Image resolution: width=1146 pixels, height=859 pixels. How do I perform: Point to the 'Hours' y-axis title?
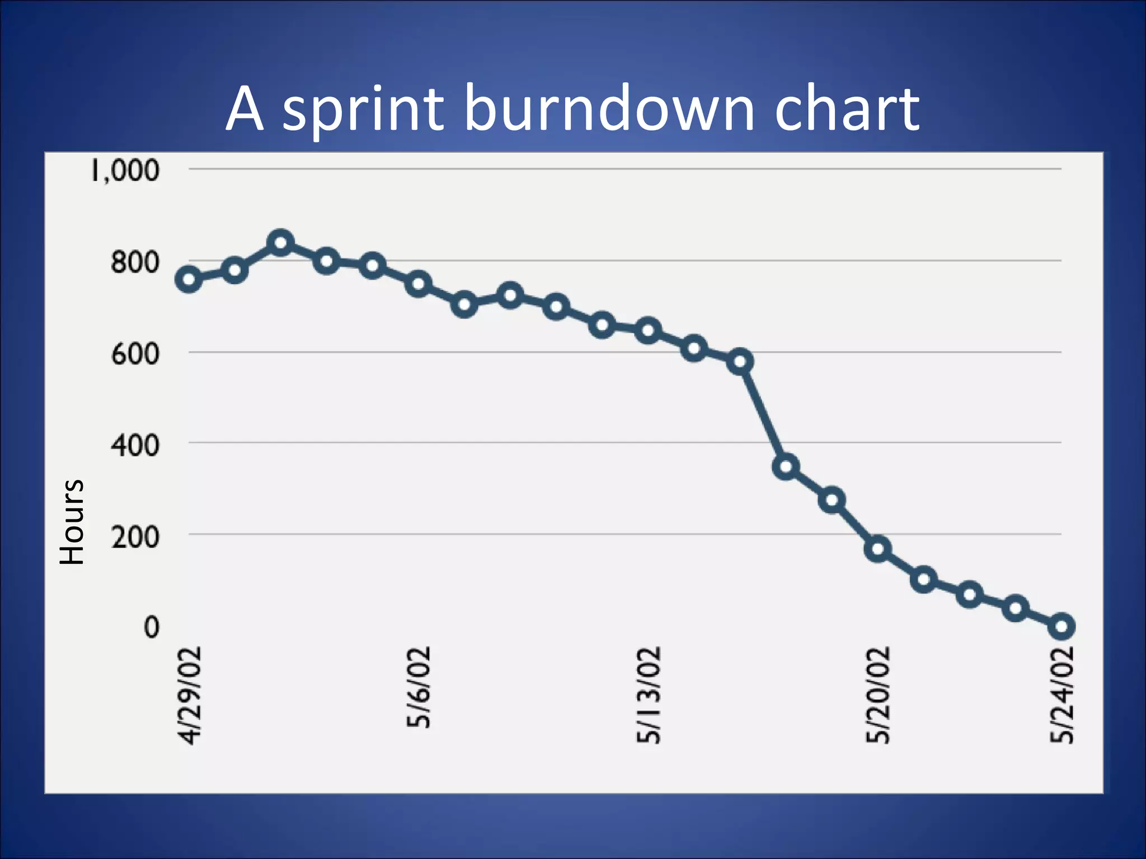click(72, 521)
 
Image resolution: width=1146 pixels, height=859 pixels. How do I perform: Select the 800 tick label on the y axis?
click(135, 262)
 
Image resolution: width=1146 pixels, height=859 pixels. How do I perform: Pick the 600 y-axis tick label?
click(135, 353)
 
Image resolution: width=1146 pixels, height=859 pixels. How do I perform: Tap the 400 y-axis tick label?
click(135, 445)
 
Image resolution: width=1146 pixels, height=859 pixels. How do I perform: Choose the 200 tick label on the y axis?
click(135, 537)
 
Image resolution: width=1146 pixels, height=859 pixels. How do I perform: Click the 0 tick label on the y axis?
click(151, 627)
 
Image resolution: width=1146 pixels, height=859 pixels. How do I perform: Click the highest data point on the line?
click(281, 243)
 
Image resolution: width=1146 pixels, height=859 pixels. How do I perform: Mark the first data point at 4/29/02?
click(189, 280)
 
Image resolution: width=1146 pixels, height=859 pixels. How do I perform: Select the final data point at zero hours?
click(1062, 626)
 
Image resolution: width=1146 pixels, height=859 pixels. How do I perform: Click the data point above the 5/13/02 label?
click(648, 331)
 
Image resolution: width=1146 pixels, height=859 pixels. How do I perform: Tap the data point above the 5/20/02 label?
click(878, 549)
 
